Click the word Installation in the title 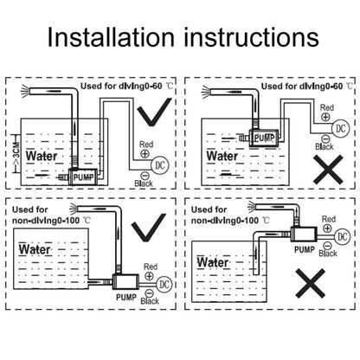click(111, 36)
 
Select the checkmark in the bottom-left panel click(149, 228)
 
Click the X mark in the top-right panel click(328, 170)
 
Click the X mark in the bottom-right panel click(311, 284)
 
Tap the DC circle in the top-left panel click(160, 165)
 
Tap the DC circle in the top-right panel click(341, 128)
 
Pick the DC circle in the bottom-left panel click(164, 285)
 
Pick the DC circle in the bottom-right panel click(343, 236)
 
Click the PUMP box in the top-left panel click(83, 176)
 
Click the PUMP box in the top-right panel click(264, 138)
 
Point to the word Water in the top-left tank click(42, 156)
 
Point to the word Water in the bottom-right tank click(213, 262)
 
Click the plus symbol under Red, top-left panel click(145, 153)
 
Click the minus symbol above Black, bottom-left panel click(149, 293)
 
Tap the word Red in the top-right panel click(327, 107)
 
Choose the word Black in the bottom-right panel click(328, 254)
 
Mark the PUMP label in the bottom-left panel click(126, 297)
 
